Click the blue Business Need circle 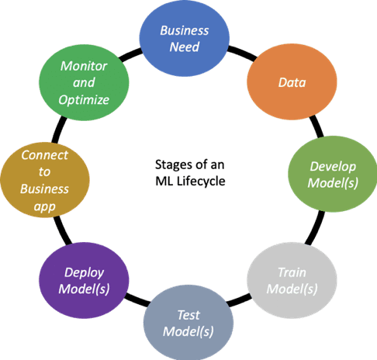(185, 38)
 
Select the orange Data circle (292, 82)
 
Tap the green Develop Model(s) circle (333, 174)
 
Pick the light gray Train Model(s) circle (292, 280)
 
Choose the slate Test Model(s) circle (188, 323)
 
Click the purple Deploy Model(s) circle (84, 280)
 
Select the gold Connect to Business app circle (45, 180)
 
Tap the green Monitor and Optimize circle (84, 82)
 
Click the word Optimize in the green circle (84, 100)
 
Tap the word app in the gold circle (44, 207)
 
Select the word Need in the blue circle (185, 47)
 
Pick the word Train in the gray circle (292, 272)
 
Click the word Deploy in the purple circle (84, 273)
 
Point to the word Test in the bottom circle (188, 315)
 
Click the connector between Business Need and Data (242, 54)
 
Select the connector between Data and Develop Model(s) (316, 126)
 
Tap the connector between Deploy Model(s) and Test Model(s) (137, 299)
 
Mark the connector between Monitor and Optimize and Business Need (130, 54)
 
